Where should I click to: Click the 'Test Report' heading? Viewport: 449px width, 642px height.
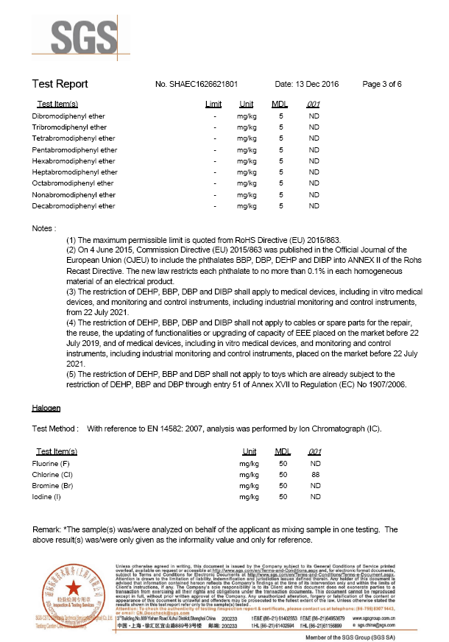pyautogui.click(x=60, y=84)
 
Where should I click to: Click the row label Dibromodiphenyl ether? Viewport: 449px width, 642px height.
pyautogui.click(x=68, y=116)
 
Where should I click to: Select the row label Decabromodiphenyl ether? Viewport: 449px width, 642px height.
pyautogui.click(x=74, y=206)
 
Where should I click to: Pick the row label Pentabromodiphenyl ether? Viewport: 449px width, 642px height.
pyautogui.click(x=74, y=150)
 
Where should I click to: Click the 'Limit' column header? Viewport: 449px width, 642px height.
pyautogui.click(x=213, y=105)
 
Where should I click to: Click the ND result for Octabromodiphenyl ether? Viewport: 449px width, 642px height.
pyautogui.click(x=314, y=183)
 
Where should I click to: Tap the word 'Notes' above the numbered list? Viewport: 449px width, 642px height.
pyautogui.click(x=43, y=228)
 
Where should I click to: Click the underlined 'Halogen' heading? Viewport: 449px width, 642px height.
pyautogui.click(x=46, y=407)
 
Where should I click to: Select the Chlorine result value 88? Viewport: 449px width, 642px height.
pyautogui.click(x=316, y=476)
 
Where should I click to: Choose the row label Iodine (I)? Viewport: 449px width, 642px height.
pyautogui.click(x=47, y=498)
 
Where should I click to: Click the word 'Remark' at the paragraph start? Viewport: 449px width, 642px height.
pyautogui.click(x=48, y=529)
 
